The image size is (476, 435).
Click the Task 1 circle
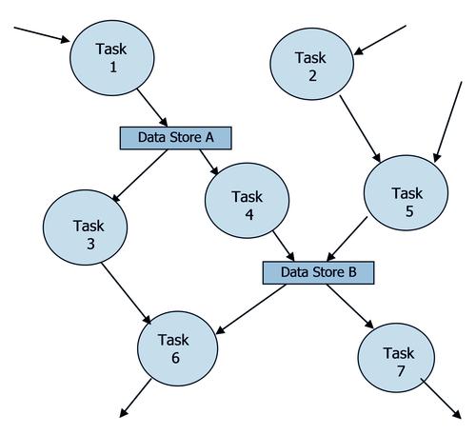[x=112, y=58]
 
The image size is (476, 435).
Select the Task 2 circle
[x=311, y=64]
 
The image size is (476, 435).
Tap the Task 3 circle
[x=85, y=227]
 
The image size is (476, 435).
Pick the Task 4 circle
[x=248, y=201]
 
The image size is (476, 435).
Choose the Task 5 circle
[x=406, y=193]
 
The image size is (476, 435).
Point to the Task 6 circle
[x=178, y=348]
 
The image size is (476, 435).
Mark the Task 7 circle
[x=396, y=358]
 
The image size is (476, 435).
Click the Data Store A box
[x=176, y=138]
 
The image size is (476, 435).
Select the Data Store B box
[x=319, y=272]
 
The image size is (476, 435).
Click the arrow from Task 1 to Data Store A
[x=152, y=108]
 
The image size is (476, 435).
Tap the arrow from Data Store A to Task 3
[x=140, y=175]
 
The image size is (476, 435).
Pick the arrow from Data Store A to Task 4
[x=209, y=162]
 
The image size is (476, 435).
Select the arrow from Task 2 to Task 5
[x=360, y=129]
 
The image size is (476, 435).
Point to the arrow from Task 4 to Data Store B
[x=284, y=247]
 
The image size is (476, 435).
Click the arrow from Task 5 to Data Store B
[x=347, y=239]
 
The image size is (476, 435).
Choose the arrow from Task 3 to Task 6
[x=127, y=293]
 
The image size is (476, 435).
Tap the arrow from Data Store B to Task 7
[x=350, y=306]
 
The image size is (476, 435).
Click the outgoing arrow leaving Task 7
[x=441, y=399]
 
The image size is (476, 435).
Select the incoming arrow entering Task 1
[x=42, y=34]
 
